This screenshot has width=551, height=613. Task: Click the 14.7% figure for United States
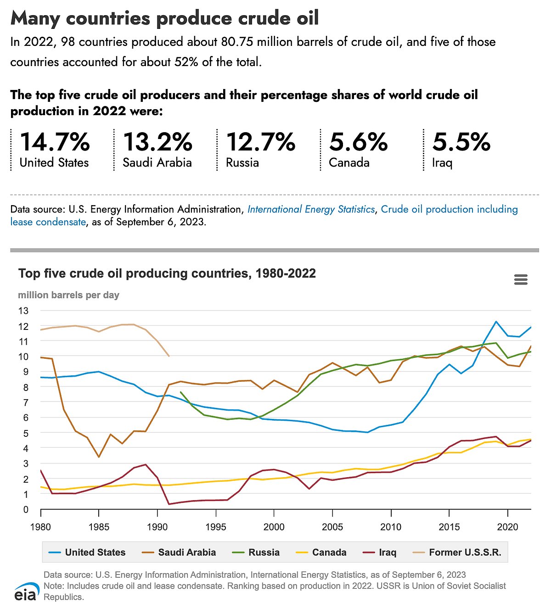pyautogui.click(x=55, y=142)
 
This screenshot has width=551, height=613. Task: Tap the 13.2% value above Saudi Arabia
pyautogui.click(x=157, y=142)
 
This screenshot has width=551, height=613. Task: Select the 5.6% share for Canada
pyautogui.click(x=358, y=142)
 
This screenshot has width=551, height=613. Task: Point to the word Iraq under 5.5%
pyautogui.click(x=442, y=163)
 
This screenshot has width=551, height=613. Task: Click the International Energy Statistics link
pyautogui.click(x=311, y=209)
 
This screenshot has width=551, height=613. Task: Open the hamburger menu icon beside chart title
pyautogui.click(x=521, y=279)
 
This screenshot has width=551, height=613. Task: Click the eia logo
pyautogui.click(x=27, y=592)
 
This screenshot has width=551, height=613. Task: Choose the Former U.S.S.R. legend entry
pyautogui.click(x=457, y=552)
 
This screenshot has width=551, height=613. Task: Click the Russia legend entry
pyautogui.click(x=256, y=552)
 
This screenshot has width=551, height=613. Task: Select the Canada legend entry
pyautogui.click(x=321, y=552)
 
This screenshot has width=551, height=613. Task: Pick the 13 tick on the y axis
pyautogui.click(x=23, y=311)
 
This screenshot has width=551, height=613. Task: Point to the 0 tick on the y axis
pyautogui.click(x=26, y=509)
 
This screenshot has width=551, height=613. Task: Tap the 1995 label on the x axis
pyautogui.click(x=215, y=527)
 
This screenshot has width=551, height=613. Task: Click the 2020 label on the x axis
pyautogui.click(x=508, y=527)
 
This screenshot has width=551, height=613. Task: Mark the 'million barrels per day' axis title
pyautogui.click(x=68, y=295)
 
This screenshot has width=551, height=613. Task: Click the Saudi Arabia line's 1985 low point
pyautogui.click(x=99, y=457)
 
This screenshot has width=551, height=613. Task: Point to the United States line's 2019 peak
pyautogui.click(x=496, y=321)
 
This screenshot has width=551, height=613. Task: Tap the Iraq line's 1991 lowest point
pyautogui.click(x=169, y=504)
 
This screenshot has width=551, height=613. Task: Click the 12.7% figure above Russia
pyautogui.click(x=261, y=142)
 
